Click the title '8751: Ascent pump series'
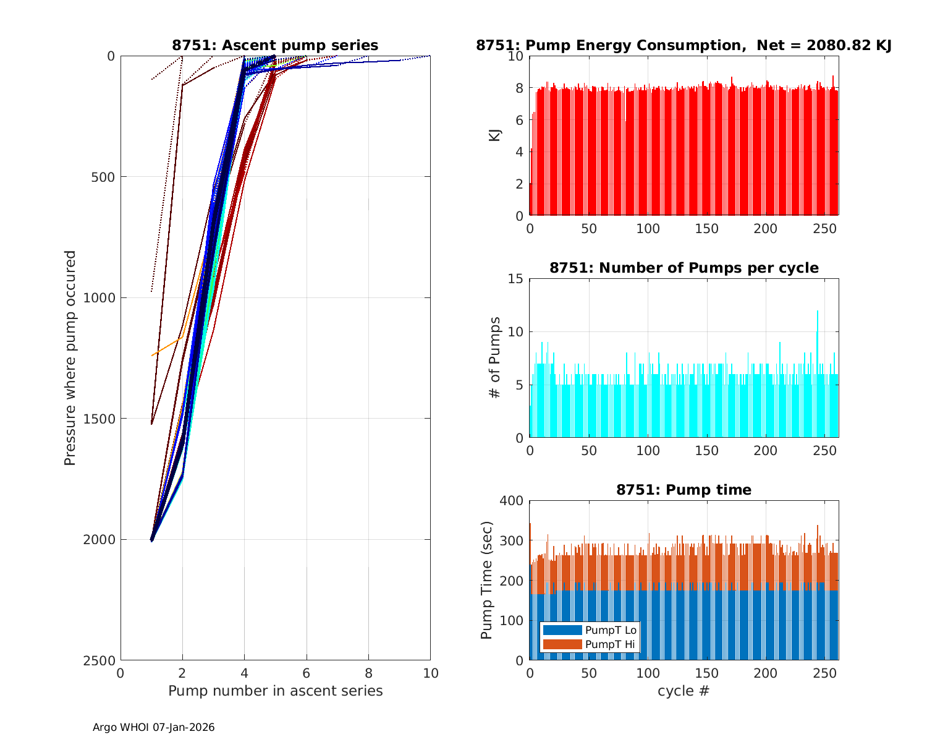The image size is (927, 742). coord(275,45)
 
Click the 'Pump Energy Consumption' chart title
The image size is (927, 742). coord(684,45)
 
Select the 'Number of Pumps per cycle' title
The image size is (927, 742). coord(684,268)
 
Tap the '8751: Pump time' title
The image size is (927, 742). coord(684,490)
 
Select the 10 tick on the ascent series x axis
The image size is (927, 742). coord(430,673)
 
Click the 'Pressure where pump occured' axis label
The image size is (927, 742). coord(70,357)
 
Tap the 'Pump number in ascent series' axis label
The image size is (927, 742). coord(275,691)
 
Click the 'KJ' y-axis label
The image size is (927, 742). coord(495,135)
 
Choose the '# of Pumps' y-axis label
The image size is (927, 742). coord(495,357)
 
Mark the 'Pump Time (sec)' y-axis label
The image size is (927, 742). coord(487,580)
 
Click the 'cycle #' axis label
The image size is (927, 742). coord(684,691)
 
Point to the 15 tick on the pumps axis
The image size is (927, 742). coord(517,279)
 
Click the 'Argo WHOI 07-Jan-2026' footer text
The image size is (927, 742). coord(154,728)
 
